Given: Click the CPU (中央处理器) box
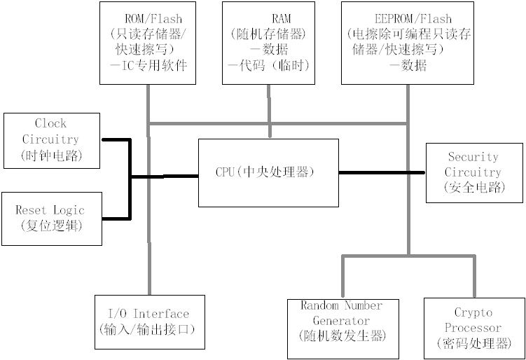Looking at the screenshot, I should [268, 172].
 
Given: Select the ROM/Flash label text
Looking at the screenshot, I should [153, 18].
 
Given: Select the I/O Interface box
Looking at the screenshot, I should [149, 321].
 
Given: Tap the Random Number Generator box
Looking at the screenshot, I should [342, 328].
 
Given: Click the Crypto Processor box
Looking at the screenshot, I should [473, 328].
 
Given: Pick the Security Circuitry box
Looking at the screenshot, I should [473, 172].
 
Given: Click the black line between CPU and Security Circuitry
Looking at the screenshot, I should [382, 172].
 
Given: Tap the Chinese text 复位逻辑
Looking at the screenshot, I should [50, 226].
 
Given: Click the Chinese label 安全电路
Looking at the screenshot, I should [473, 188].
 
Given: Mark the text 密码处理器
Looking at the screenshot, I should [473, 343].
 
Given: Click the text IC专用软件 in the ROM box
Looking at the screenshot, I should [153, 65].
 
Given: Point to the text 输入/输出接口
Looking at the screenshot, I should [149, 329].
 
